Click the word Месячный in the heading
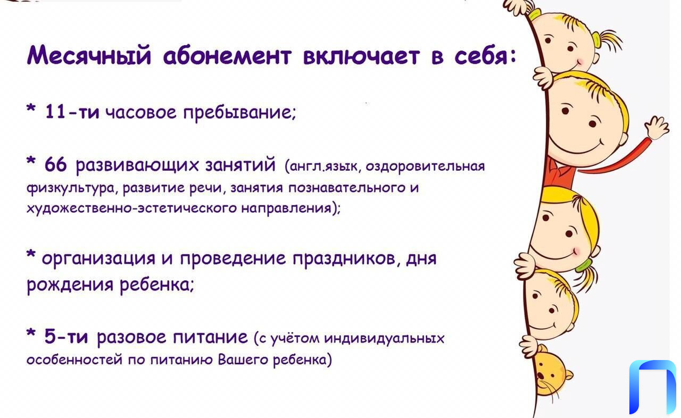[89, 55]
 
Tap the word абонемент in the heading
[227, 56]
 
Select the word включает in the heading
[361, 56]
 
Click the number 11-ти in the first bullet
[72, 112]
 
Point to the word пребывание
[239, 113]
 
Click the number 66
[56, 165]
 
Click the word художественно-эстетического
[131, 208]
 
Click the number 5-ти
[66, 337]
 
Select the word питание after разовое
[210, 337]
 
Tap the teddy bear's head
[551, 371]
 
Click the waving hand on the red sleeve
[656, 127]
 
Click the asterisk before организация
[31, 254]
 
